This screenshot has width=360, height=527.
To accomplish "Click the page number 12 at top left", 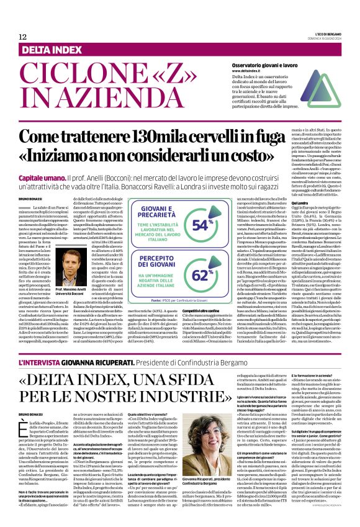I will [x=22, y=37].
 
